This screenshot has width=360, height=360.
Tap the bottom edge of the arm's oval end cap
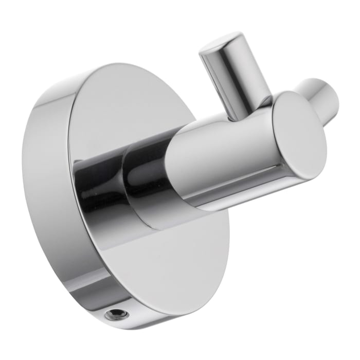(303, 177)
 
